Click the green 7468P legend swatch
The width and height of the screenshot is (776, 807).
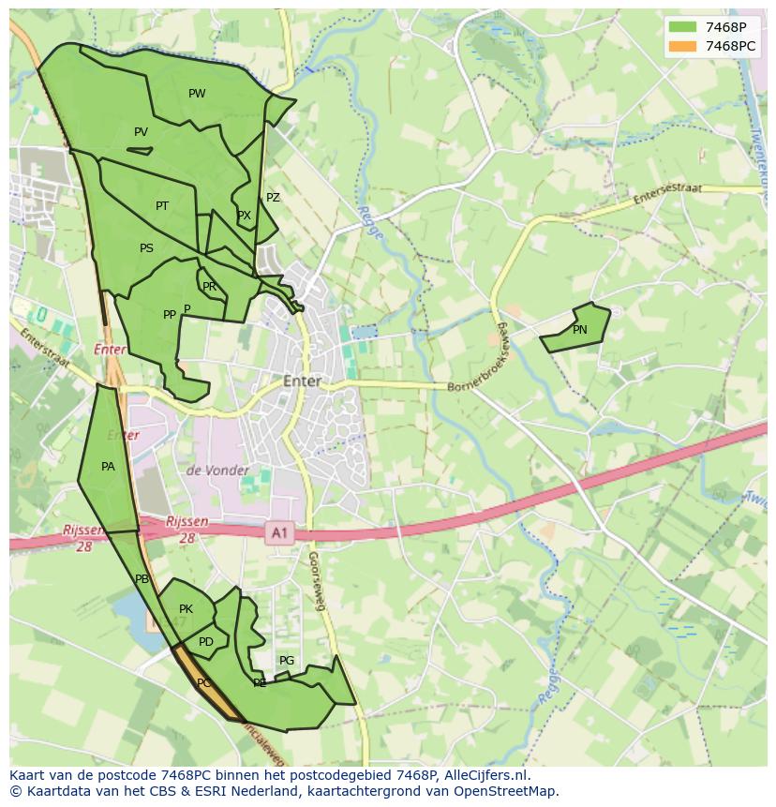click(682, 27)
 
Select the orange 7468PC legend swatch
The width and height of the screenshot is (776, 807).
click(682, 46)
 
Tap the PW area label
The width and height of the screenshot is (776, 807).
click(197, 94)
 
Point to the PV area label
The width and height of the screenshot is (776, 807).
click(141, 132)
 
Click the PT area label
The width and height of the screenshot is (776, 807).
click(162, 206)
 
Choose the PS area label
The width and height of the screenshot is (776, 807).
click(146, 248)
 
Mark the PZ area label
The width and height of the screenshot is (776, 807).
click(273, 198)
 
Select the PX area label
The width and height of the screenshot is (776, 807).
click(244, 216)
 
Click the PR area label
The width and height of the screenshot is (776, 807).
click(209, 287)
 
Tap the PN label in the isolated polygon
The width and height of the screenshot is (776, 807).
click(579, 330)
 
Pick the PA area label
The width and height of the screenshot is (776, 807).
click(108, 467)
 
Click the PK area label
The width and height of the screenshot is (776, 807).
click(186, 609)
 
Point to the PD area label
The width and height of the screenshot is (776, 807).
click(206, 642)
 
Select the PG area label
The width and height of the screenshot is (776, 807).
click(287, 661)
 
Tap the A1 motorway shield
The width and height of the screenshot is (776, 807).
click(278, 533)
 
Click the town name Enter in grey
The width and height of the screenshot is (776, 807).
click(302, 381)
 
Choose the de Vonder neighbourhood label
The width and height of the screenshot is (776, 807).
click(217, 471)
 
